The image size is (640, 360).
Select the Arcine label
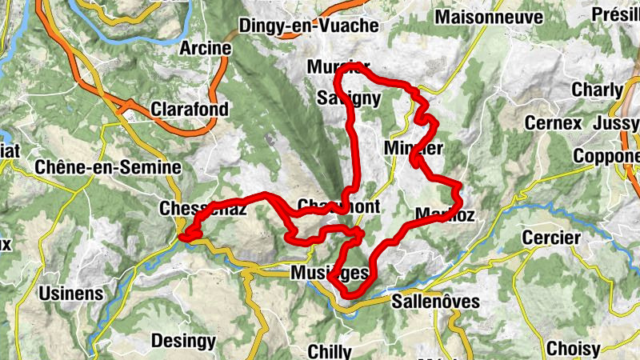pyautogui.click(x=206, y=48)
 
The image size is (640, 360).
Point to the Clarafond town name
pyautogui.click(x=190, y=109)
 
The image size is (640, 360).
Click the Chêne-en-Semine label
pyautogui.click(x=109, y=168)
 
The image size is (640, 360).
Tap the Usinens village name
pyautogui.click(x=71, y=294)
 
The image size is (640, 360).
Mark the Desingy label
pyautogui.click(x=183, y=341)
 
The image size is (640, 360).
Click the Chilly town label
pyautogui.click(x=330, y=351)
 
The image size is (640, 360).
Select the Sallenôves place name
pyautogui.click(x=436, y=302)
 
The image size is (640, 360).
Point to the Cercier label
pyautogui.click(x=549, y=238)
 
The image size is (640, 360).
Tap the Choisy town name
pyautogui.click(x=572, y=349)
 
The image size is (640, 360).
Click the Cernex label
pyautogui.click(x=552, y=123)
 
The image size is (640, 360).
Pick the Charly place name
pyautogui.click(x=597, y=90)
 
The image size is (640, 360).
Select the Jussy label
pyautogui.click(x=617, y=123)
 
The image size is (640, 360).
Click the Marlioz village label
pyautogui.click(x=446, y=214)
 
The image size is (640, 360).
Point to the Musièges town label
pyautogui.click(x=330, y=274)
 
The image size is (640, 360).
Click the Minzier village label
pyautogui.click(x=413, y=148)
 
